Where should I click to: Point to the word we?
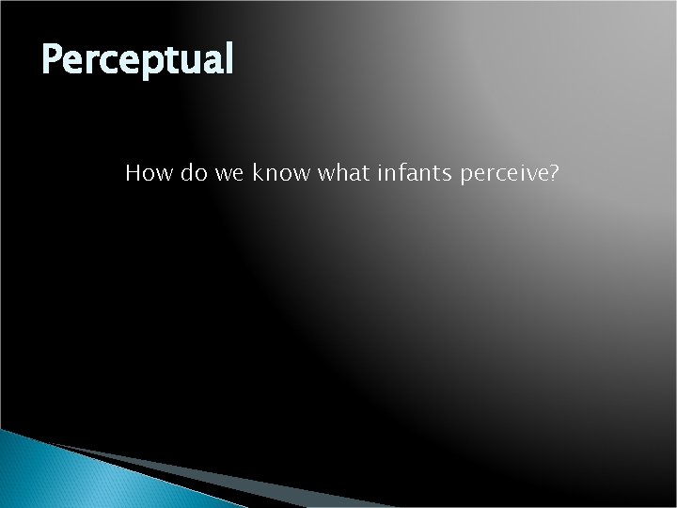pos(227,173)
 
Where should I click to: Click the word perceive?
pos(499,175)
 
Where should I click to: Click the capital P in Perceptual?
pos(53,60)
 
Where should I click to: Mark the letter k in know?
pos(256,173)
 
